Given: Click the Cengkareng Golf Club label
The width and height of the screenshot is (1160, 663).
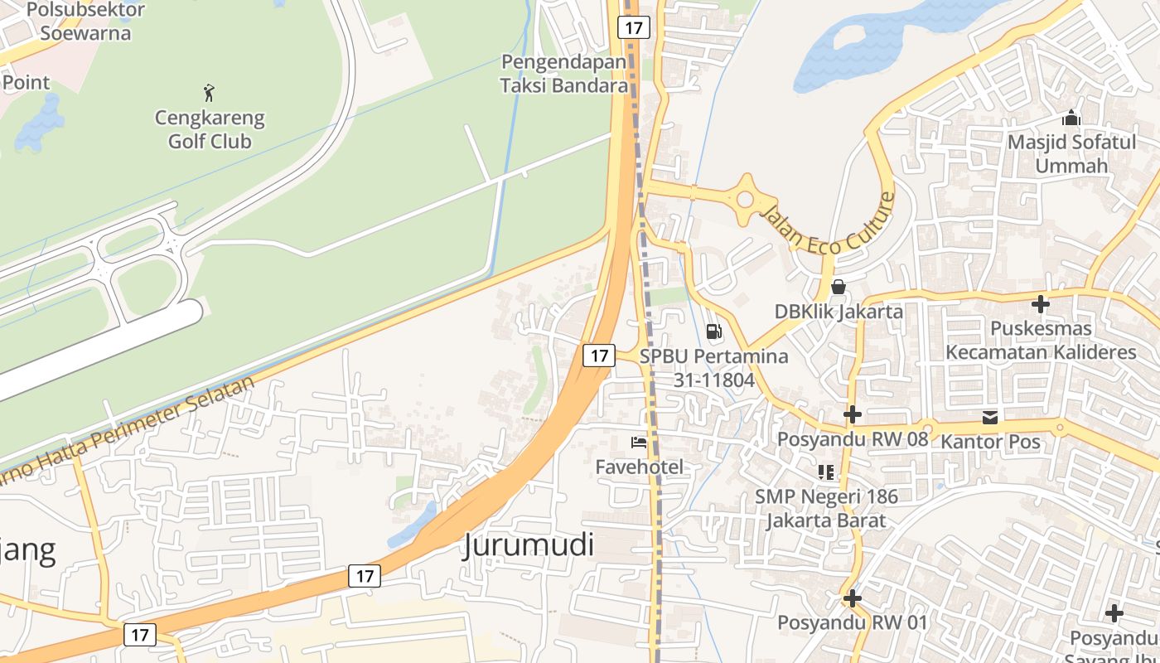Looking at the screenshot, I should (210, 129).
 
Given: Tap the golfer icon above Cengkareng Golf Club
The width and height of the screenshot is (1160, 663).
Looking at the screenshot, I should (209, 91).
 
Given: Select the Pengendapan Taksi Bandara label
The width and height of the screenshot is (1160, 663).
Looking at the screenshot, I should (564, 73).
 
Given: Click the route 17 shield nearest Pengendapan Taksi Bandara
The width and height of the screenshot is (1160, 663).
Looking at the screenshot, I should (634, 27).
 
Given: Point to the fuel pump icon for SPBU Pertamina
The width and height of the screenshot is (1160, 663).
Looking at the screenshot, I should (713, 331).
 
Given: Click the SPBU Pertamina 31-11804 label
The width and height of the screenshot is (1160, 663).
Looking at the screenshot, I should (713, 368).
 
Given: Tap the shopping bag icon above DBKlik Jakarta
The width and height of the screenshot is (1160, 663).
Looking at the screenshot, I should (839, 287).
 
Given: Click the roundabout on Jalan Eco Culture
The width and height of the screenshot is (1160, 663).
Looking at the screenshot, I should (746, 198).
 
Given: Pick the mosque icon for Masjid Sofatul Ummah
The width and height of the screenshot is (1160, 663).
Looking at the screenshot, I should (1071, 118).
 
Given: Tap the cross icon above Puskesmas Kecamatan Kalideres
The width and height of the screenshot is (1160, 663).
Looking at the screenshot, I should (1041, 304).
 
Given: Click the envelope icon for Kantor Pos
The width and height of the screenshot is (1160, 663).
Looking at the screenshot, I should (990, 416).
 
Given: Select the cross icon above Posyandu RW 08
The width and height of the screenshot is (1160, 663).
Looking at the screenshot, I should (852, 414).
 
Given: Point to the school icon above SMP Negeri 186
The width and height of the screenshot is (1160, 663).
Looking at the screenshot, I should (826, 472).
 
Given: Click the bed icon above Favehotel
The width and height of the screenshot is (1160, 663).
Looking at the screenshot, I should (639, 443).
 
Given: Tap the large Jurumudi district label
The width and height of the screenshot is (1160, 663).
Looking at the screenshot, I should (529, 545).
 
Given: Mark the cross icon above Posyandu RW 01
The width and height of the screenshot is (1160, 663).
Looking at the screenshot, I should (852, 598).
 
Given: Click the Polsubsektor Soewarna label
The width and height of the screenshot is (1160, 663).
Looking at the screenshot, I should (85, 22).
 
